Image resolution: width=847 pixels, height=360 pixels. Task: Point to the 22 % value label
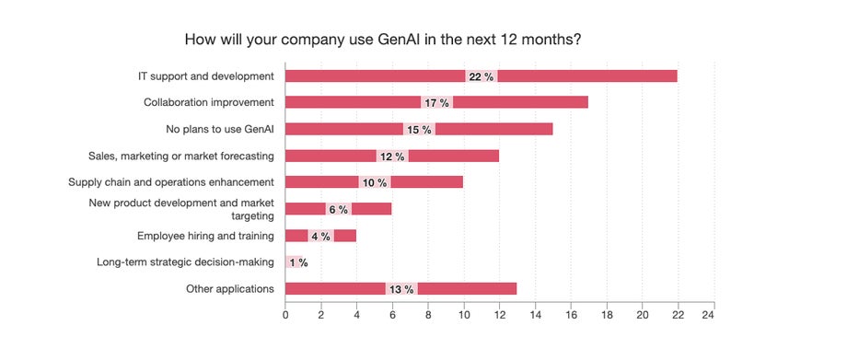coord(482,75)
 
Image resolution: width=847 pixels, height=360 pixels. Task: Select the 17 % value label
coord(436,102)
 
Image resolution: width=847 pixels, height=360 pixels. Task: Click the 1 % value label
coord(298,262)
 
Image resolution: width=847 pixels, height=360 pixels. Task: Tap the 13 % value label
coord(401,289)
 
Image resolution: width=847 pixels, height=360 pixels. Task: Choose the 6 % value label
coord(338,209)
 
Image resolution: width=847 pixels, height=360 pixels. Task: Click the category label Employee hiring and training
coord(205,236)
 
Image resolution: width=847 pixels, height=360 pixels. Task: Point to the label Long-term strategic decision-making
coord(185,262)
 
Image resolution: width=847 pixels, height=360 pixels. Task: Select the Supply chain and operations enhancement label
coord(171,182)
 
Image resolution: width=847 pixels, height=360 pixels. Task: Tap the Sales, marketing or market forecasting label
coord(180,156)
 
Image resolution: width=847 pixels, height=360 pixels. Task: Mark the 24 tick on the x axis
coord(708,316)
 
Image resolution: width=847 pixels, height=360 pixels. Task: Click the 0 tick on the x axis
coord(285,316)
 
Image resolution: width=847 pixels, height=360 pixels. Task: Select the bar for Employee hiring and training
coord(345,236)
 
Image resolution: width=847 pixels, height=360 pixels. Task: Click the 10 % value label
coord(374,182)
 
